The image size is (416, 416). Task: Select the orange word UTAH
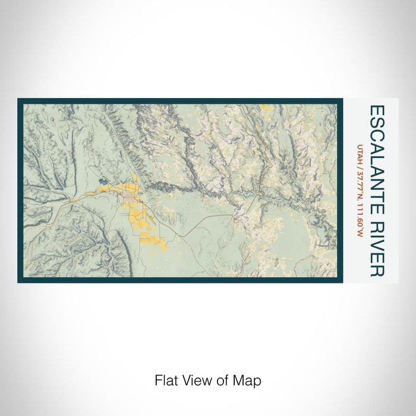point(359,152)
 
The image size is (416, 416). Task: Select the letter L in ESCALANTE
point(377,153)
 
